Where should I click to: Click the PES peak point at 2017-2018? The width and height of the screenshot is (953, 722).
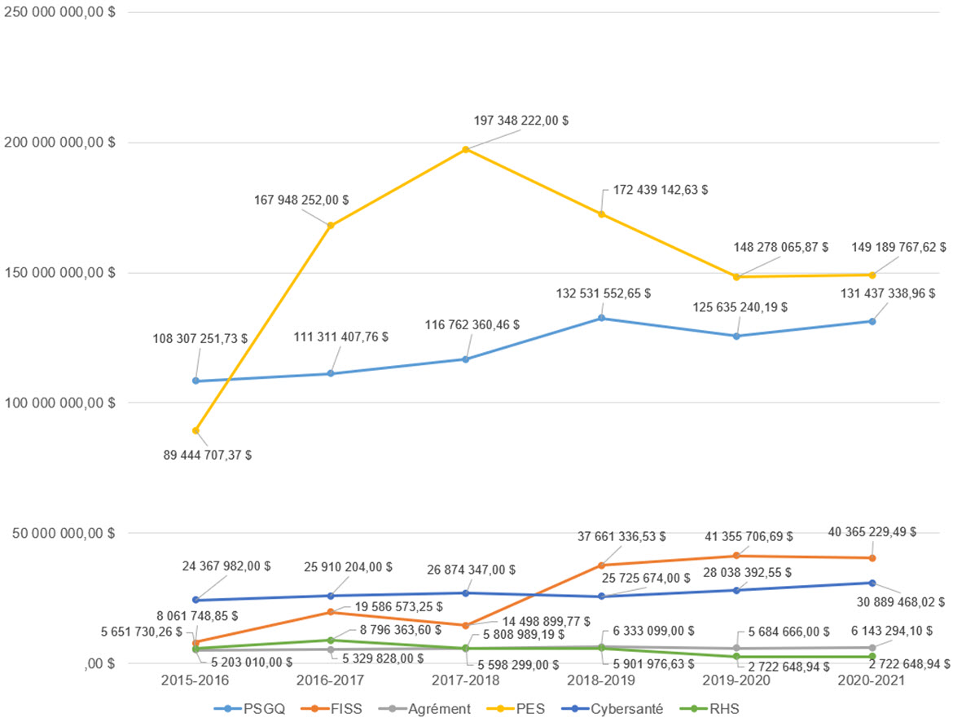[x=466, y=149]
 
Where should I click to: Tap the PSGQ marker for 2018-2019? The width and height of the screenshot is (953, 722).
[x=601, y=318]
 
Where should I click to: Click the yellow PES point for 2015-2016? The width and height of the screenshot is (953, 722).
[x=195, y=430]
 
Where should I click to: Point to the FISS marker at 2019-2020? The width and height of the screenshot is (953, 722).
[x=736, y=556]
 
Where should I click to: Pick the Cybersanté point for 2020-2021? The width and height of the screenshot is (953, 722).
[x=872, y=583]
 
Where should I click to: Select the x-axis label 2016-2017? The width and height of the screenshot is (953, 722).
[x=331, y=680]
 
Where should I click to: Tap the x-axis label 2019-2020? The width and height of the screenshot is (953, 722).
[x=736, y=680]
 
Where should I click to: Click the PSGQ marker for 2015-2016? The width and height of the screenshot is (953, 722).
[x=195, y=381]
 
